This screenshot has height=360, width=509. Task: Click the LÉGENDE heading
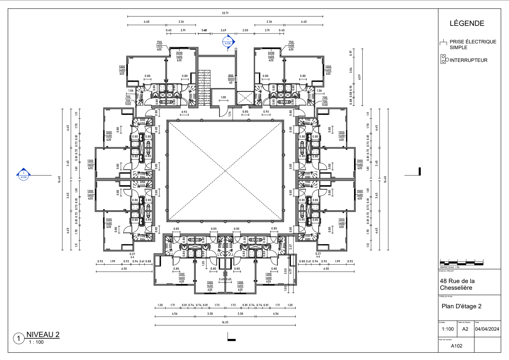467,23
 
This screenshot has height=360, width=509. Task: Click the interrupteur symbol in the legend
444,59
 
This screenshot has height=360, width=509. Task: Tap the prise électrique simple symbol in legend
443,43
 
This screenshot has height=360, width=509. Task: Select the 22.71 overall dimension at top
225,13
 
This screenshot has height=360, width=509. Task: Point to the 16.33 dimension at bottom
225,322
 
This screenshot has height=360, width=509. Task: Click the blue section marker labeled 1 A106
228,42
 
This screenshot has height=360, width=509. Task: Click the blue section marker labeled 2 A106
24,175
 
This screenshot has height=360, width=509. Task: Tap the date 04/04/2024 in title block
487,329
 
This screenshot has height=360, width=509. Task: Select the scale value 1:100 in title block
447,329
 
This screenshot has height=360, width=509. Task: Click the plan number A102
456,346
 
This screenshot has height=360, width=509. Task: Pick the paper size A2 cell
465,329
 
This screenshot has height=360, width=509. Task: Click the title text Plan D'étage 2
461,306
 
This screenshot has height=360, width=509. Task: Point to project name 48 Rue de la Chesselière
457,284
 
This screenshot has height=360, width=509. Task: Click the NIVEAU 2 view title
43,334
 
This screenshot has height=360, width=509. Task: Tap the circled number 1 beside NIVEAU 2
19,338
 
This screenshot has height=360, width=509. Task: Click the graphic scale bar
461,264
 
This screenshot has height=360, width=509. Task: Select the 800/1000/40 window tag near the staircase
231,79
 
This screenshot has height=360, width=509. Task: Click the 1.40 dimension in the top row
204,30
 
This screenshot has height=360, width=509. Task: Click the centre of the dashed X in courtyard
225,171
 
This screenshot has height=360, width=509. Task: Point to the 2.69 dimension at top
223,30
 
